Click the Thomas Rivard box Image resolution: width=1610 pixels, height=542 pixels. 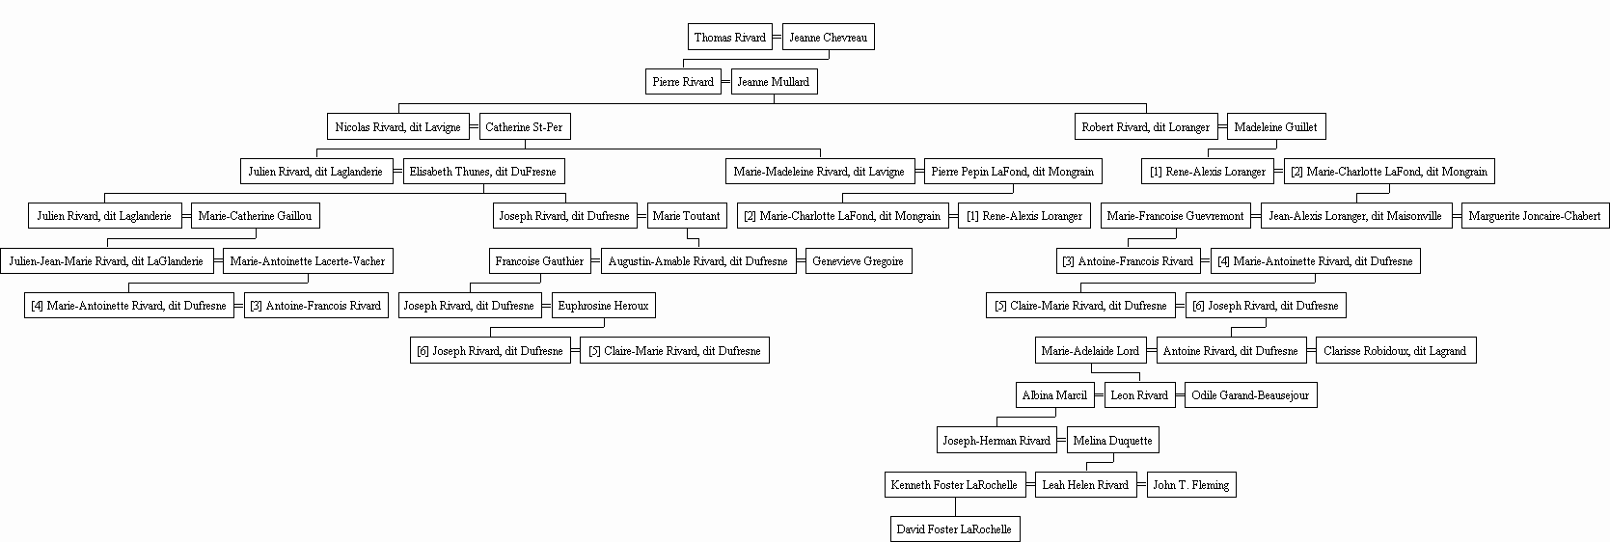[729, 37]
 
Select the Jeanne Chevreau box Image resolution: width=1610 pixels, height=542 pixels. [828, 37]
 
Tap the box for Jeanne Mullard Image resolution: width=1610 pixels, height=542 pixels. [774, 81]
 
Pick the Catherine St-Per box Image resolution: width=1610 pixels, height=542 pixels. [524, 126]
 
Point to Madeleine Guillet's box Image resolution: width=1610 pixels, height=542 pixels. [1276, 126]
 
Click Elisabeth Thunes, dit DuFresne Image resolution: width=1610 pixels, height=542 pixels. [483, 171]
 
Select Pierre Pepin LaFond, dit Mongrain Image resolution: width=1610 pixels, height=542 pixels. [1013, 171]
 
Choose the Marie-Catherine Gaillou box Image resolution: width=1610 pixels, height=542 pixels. [256, 215]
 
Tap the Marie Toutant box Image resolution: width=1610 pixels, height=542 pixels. [687, 215]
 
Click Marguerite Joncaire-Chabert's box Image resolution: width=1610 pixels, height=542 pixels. [1535, 215]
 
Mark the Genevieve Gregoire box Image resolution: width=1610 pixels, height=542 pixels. [859, 261]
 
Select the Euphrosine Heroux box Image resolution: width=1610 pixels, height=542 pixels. [603, 306]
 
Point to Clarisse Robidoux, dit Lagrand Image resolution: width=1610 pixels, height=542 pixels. [1395, 351]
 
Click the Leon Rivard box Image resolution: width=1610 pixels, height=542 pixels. [1139, 394]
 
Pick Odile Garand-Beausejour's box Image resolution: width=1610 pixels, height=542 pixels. [1250, 394]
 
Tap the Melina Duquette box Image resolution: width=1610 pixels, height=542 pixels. [1112, 440]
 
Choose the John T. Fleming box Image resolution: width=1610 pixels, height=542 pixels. [1191, 484]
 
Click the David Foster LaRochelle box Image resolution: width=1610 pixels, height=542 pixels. [954, 529]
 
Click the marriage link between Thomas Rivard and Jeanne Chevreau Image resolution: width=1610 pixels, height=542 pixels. [777, 37]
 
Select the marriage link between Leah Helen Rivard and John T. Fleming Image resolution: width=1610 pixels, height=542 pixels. [1141, 484]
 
